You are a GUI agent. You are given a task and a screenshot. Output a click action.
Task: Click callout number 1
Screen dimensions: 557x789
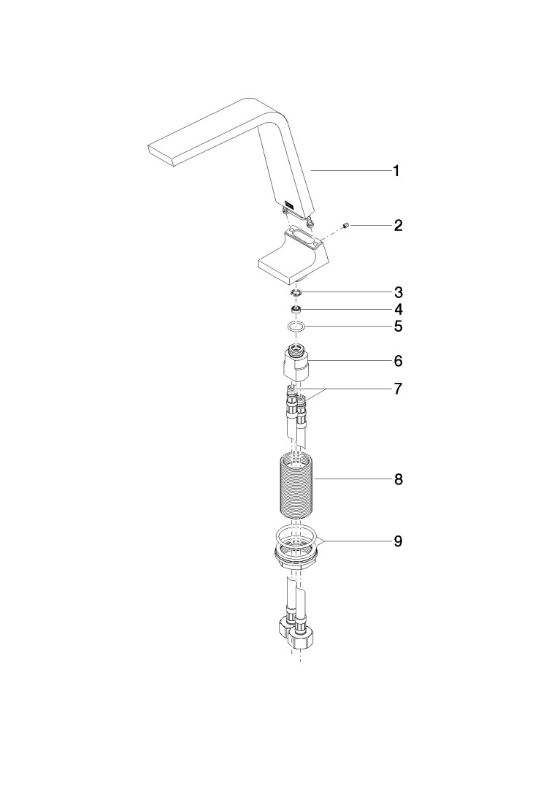click(x=396, y=171)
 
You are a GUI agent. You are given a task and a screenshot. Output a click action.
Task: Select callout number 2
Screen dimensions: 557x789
click(x=398, y=225)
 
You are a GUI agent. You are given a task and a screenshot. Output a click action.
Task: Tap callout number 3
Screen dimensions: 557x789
click(x=398, y=292)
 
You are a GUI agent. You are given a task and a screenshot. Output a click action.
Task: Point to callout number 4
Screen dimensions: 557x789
click(x=398, y=309)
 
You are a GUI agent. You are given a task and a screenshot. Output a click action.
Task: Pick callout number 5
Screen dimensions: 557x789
click(x=398, y=327)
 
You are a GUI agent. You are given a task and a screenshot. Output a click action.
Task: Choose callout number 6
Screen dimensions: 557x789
click(x=398, y=361)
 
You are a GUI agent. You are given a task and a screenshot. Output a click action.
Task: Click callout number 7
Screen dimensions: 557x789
click(x=398, y=389)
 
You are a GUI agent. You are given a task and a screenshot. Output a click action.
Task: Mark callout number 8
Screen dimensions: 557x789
click(x=398, y=479)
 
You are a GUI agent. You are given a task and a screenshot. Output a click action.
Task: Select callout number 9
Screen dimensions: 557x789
click(x=398, y=541)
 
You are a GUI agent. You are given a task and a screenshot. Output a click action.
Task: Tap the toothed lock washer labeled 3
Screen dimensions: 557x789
click(x=296, y=293)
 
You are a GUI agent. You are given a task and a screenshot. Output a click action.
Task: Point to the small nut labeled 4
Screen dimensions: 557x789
click(x=296, y=309)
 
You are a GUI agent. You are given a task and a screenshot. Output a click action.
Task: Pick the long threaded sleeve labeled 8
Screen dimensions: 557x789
click(x=296, y=484)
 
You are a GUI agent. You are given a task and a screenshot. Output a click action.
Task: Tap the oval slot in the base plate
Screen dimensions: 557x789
click(x=302, y=237)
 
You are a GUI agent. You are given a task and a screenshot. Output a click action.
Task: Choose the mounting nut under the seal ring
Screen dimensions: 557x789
click(x=296, y=557)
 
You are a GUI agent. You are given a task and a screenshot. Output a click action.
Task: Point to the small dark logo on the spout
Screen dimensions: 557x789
click(x=290, y=205)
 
